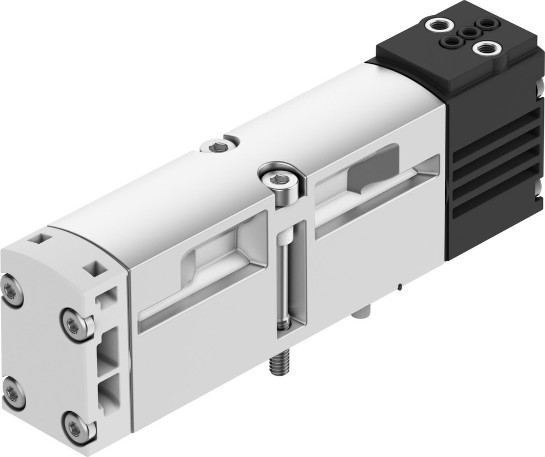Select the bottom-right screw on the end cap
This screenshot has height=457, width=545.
pyautogui.click(x=74, y=426)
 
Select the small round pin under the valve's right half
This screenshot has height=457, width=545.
pyautogui.click(x=360, y=313)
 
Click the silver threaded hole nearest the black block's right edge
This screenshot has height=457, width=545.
pyautogui.click(x=484, y=49)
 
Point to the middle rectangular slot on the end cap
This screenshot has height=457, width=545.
pyautogui.click(x=108, y=349)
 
